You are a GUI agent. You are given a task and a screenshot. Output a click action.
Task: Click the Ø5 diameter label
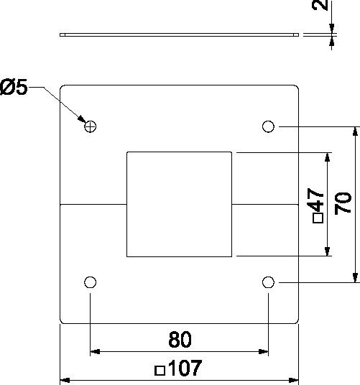coord(14,87)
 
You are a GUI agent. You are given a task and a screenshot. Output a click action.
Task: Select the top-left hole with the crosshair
coord(90,126)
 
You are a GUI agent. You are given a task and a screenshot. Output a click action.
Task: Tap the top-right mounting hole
coord(268,126)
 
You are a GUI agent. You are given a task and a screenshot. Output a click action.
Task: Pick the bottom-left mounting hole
coord(90,282)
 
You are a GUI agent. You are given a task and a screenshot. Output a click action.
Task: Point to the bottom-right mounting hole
coord(268,282)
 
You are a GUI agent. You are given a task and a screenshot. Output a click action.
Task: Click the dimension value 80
coord(180,340)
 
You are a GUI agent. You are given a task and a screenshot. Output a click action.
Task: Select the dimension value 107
coord(185,368)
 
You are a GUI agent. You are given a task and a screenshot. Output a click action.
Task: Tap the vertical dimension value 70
coord(343,203)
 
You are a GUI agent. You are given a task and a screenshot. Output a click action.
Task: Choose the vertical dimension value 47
coord(315,200)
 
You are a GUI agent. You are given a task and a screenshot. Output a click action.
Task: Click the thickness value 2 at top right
coord(320,5)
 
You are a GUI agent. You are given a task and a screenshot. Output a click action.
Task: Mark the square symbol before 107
coord(160,371)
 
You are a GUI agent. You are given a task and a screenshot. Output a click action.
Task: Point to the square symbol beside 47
coord(318,218)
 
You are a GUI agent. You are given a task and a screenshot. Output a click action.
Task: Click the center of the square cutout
coord(179,204)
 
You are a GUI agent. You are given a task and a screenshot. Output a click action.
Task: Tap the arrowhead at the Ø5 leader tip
coord(82,119)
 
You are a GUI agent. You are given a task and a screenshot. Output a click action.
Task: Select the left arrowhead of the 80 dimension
coord(95,352)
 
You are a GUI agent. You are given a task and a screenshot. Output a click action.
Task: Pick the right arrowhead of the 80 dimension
coord(263,352)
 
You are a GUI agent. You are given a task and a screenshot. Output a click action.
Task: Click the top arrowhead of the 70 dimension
coord(355,131)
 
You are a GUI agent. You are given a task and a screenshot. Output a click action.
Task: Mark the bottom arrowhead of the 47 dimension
coord(327,251)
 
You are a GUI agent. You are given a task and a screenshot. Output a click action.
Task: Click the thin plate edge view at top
coord(179,34)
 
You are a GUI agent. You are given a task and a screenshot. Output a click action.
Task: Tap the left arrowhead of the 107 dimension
coord(65,381)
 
